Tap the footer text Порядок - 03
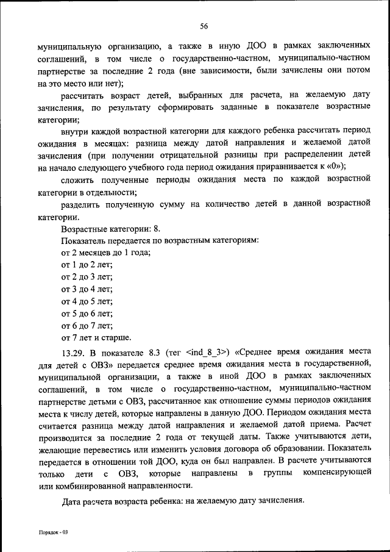point(54,532)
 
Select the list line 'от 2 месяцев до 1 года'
point(106,253)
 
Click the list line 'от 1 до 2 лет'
point(87,265)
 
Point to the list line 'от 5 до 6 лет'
point(87,313)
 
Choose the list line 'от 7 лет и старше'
point(96,337)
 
